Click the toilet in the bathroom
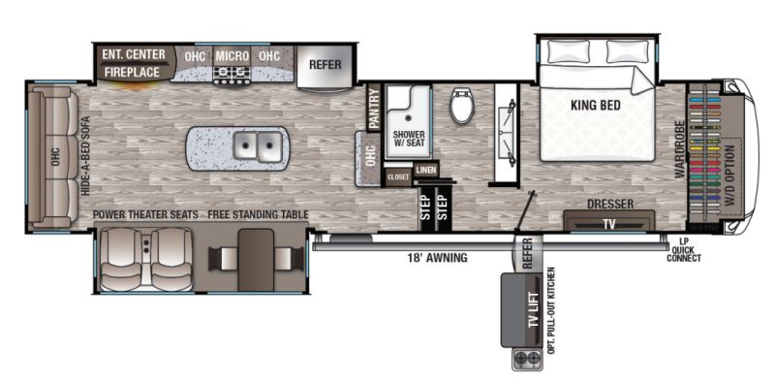[462, 105]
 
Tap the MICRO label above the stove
[232, 56]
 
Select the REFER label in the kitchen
[325, 65]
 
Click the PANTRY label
[374, 109]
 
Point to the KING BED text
[596, 105]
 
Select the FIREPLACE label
[132, 73]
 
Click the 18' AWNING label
[437, 257]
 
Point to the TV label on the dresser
[609, 224]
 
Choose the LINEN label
[426, 171]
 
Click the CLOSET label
[398, 177]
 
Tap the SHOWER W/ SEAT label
[409, 139]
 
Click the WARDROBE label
[679, 149]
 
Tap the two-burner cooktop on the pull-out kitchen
[525, 359]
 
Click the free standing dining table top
[256, 260]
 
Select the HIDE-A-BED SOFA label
[85, 155]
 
